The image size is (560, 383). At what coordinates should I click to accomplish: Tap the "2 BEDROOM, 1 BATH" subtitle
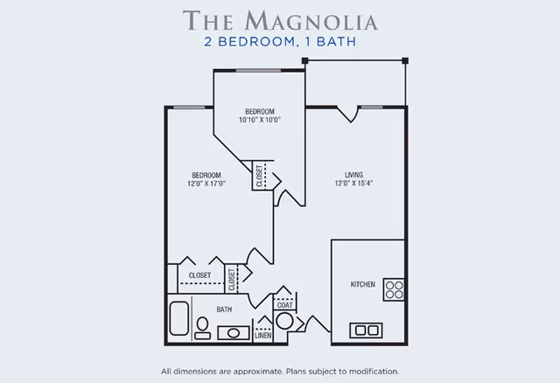pos(279,40)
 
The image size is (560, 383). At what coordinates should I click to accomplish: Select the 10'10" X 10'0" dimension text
pos(260,120)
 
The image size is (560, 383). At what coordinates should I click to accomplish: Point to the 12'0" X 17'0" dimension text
pos(206,184)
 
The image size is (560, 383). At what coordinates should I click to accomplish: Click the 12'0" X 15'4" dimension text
pos(353,184)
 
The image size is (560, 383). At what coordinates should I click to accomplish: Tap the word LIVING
pos(353,174)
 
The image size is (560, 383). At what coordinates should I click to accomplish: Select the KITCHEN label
pos(363,285)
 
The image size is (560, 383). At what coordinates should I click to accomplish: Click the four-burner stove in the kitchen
pos(394,289)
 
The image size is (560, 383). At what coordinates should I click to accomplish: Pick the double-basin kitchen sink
pos(366,330)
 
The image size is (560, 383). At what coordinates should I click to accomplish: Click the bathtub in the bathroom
pos(180,319)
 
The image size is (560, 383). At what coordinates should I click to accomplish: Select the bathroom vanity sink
pos(233,332)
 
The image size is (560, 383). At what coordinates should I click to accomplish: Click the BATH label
pos(225,310)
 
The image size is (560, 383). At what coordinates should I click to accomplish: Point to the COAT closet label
pos(284,305)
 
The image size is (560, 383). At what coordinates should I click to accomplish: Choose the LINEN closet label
pos(262,334)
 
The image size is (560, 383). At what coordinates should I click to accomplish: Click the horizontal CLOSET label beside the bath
pos(199,275)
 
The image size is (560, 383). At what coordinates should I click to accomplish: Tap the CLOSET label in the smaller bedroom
pos(260,176)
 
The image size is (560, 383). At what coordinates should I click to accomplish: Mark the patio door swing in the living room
pos(347,114)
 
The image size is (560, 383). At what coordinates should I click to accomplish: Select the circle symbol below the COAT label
pos(284,321)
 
